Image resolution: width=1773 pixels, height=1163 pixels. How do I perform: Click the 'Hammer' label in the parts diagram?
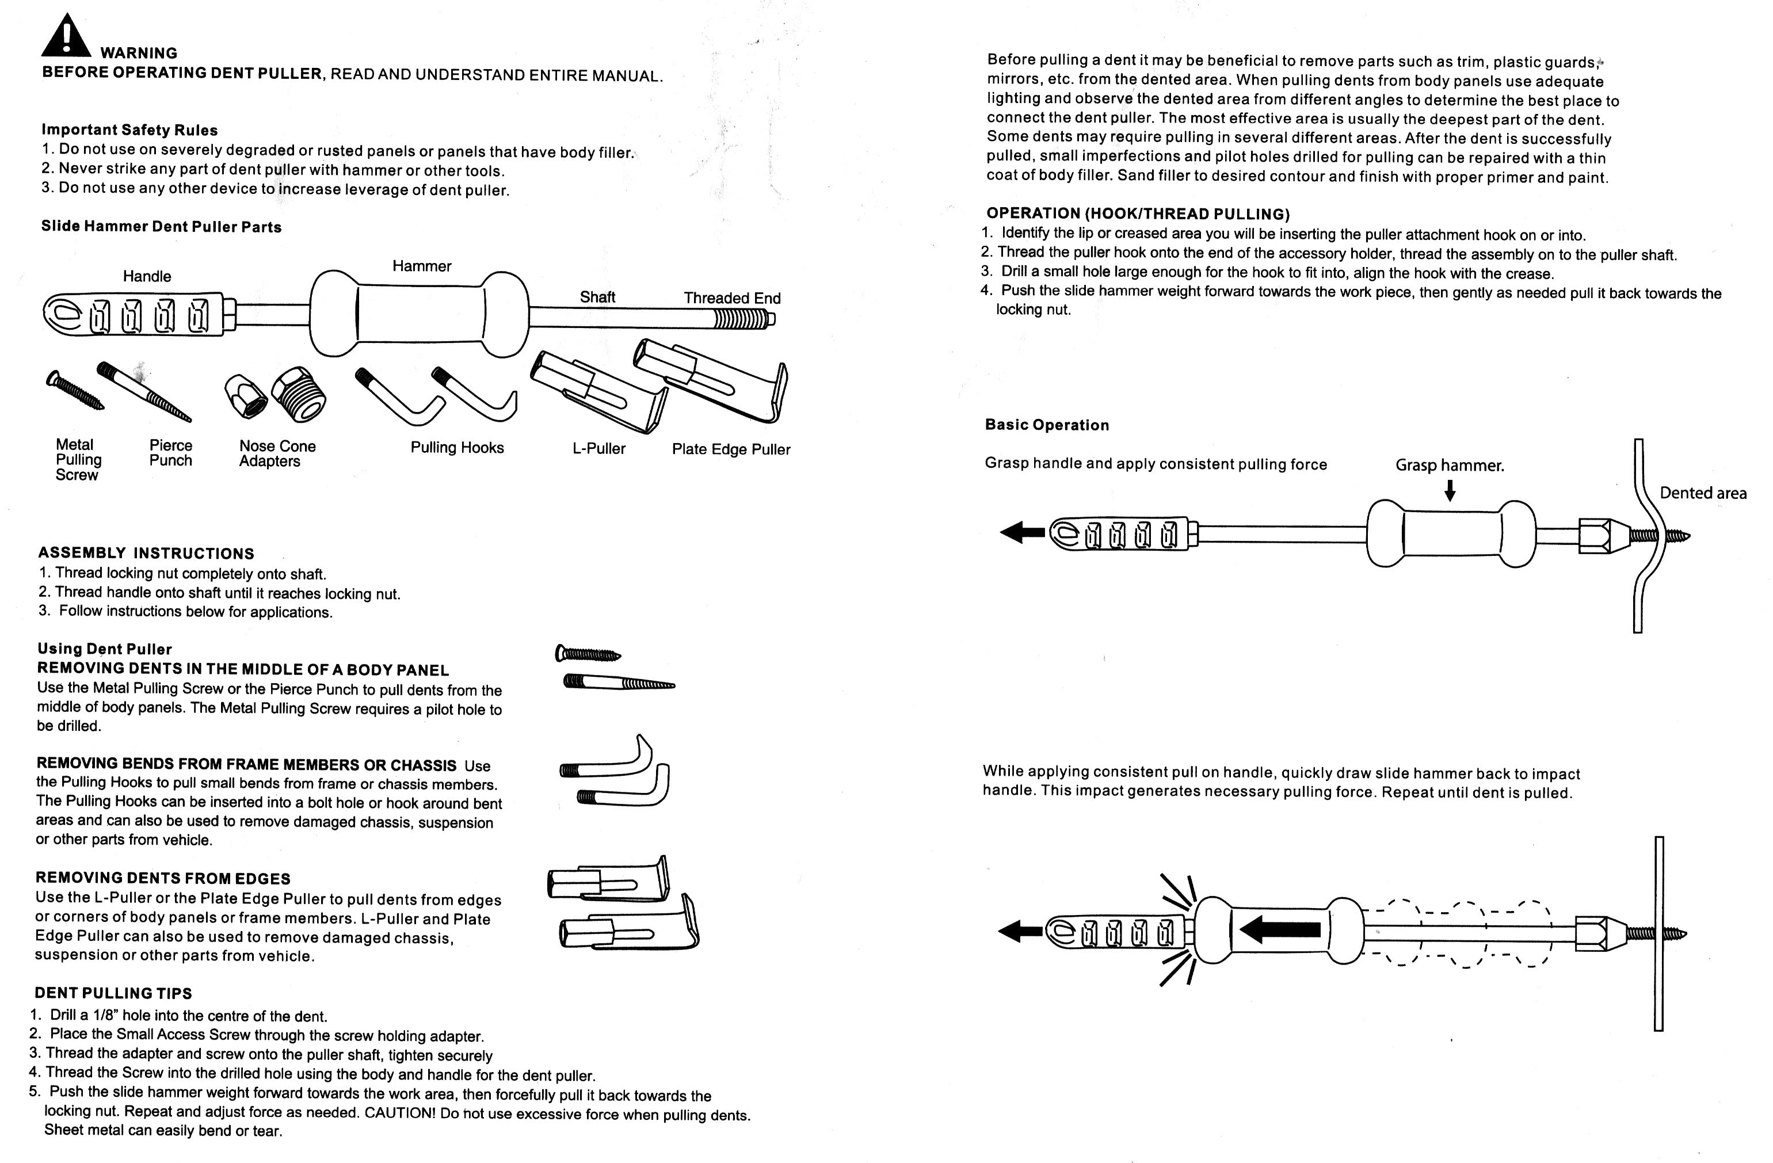pos(422,266)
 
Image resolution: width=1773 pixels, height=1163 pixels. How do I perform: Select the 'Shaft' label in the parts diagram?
pos(597,296)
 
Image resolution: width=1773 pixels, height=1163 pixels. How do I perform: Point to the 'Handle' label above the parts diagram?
pos(147,276)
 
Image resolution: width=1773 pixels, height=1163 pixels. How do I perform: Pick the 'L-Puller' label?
pos(598,448)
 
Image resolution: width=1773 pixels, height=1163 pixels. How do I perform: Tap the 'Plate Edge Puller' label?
pos(730,449)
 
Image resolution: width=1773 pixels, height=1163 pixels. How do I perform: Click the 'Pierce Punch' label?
pos(170,453)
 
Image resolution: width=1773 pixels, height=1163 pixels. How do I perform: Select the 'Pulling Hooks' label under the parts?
pos(457,448)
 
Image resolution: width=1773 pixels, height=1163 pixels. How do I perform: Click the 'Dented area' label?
pos(1702,493)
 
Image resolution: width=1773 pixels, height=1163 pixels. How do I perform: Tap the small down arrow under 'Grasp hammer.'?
pos(1449,490)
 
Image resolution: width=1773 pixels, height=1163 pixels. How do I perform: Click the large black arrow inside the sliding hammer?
pos(1280,929)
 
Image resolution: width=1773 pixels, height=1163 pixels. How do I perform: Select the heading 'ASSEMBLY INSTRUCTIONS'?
pos(146,554)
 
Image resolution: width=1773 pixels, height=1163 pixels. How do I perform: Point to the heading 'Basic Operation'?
pos(1047,425)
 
